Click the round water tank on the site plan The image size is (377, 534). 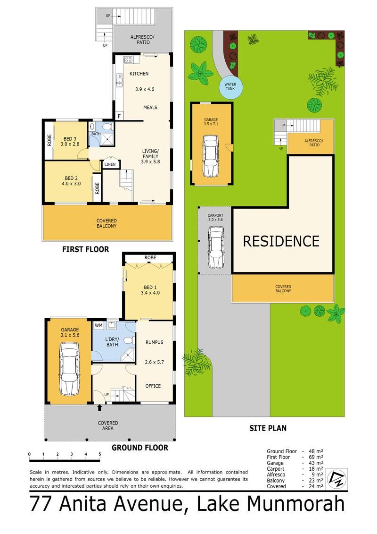coord(231,87)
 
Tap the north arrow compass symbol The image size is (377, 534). coord(337,479)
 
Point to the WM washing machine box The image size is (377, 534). coord(98,326)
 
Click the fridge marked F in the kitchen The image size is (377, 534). coord(119,116)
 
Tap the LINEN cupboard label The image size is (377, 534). coord(110,164)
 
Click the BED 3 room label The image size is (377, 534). coord(70,139)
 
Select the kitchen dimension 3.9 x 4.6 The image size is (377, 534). coord(145,89)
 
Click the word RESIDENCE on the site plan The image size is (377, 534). coord(281,241)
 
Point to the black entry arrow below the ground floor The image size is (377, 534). coord(99,408)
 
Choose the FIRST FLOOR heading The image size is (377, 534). coord(86,249)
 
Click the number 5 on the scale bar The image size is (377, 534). coord(99,454)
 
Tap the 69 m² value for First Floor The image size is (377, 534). coord(315,457)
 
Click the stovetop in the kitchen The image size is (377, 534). coord(128,59)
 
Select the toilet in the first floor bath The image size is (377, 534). coord(107,127)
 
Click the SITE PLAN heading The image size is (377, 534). coord(268,428)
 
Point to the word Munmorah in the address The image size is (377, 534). coord(296,504)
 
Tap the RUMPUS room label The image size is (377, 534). coord(155,342)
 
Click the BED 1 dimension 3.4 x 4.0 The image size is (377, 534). coord(150,293)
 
